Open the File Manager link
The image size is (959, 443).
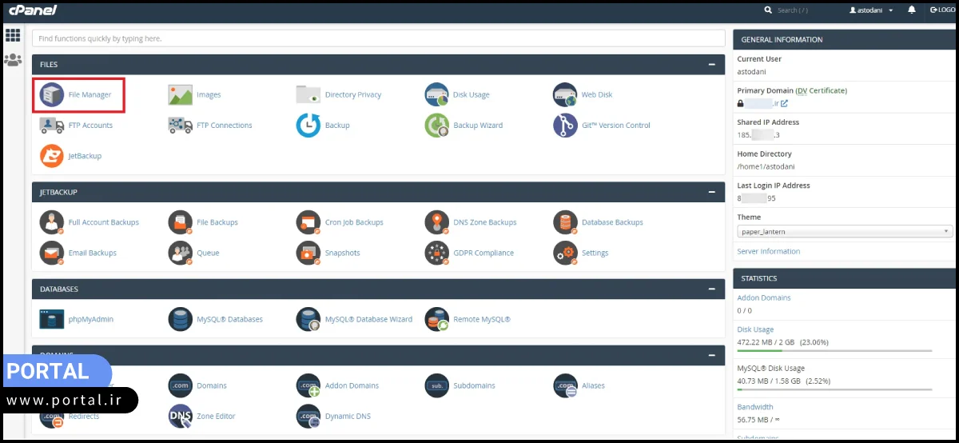pos(90,95)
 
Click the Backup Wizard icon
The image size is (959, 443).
pos(437,126)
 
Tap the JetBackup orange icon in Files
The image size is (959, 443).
pos(52,156)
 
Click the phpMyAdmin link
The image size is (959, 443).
pos(90,320)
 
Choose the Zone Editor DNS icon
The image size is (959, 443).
pos(181,417)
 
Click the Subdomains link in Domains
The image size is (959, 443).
pos(474,386)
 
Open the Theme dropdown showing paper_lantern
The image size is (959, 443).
pos(844,232)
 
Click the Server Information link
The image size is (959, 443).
pos(768,252)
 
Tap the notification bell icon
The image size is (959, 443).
pos(912,10)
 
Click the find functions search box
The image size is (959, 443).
pos(378,38)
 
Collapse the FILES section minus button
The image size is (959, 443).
pos(711,65)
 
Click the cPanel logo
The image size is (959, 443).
pos(33,10)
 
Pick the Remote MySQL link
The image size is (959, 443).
pos(481,320)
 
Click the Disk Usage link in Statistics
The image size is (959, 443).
pos(755,329)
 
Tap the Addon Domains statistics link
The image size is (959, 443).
pos(764,297)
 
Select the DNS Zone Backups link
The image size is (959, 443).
pos(484,222)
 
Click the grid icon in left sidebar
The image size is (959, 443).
pos(13,35)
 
